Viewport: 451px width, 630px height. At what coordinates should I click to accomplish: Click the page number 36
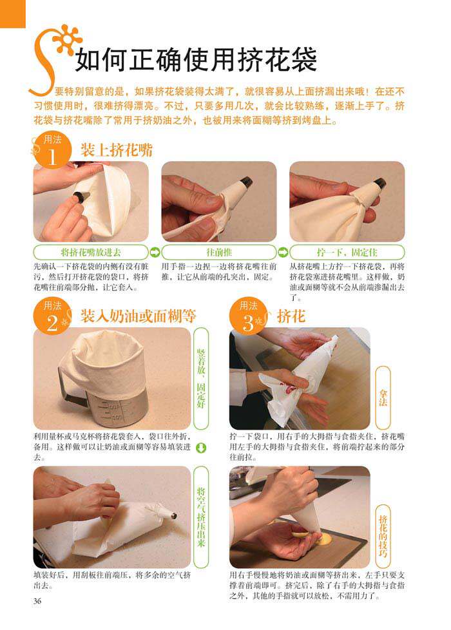click(x=37, y=601)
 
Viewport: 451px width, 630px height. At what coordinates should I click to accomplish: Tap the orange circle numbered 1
click(x=52, y=151)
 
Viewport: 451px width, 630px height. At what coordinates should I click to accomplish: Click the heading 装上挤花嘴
click(x=117, y=150)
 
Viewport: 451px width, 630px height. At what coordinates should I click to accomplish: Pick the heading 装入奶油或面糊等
click(x=138, y=316)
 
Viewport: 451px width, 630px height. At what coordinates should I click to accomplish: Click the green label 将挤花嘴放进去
click(x=91, y=253)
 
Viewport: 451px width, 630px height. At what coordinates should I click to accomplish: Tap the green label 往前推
click(x=219, y=253)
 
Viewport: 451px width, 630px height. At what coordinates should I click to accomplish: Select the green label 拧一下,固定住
click(x=347, y=253)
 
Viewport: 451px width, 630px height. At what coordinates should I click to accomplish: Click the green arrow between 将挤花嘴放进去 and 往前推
click(x=155, y=253)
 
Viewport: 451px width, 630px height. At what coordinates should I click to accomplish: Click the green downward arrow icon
click(x=200, y=448)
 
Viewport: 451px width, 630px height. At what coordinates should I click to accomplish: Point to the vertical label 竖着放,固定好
click(x=201, y=379)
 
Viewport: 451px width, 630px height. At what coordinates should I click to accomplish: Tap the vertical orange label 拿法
click(x=383, y=397)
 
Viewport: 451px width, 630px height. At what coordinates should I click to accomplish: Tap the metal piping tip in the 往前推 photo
click(x=245, y=182)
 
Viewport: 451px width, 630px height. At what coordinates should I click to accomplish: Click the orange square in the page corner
click(x=12, y=14)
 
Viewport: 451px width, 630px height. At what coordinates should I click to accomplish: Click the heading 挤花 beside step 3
click(x=291, y=316)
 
